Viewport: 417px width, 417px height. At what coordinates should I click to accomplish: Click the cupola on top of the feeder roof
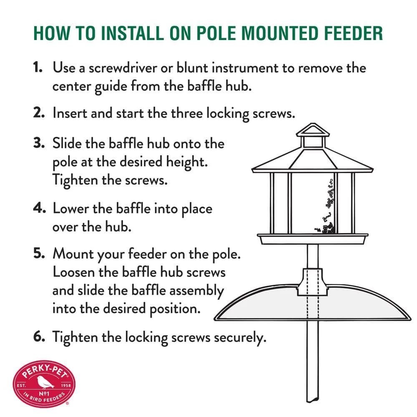coord(312,137)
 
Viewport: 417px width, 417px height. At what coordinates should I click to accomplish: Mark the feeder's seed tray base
coord(312,239)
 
